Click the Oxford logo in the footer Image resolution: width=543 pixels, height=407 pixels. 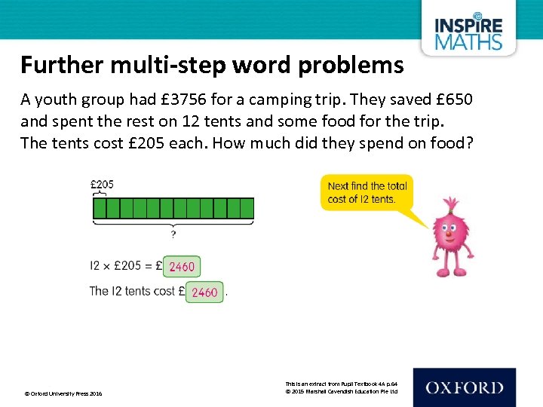(x=464, y=387)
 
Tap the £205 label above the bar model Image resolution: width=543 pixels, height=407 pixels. (x=103, y=184)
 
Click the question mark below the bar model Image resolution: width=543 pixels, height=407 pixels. (x=173, y=234)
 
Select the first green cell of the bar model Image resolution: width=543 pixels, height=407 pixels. (x=99, y=208)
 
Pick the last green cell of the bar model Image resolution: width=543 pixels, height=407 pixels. (x=247, y=208)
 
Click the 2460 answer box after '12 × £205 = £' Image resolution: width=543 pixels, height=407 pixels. (x=182, y=266)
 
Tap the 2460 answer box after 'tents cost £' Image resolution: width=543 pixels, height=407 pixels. (x=204, y=292)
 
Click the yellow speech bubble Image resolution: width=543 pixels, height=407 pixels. (x=368, y=193)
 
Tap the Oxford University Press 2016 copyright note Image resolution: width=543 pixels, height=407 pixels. (x=63, y=393)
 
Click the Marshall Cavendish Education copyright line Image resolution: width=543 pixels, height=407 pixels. (x=341, y=390)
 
